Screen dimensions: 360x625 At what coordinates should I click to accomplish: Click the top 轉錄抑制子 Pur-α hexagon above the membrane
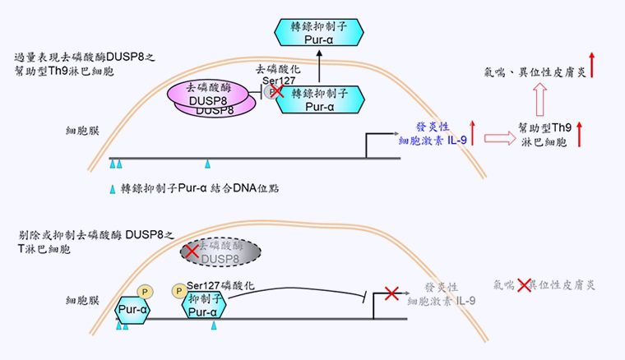[x=320, y=33]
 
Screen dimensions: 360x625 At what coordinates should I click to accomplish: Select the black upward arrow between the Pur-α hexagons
[x=320, y=66]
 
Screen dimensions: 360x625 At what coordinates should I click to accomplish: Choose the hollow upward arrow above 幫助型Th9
[x=540, y=102]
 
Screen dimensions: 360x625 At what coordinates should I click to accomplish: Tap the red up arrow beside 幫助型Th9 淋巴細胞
[x=582, y=134]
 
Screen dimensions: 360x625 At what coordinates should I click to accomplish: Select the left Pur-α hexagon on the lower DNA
[x=133, y=310]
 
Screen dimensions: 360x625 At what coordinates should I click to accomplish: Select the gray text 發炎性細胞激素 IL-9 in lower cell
[x=442, y=294]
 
